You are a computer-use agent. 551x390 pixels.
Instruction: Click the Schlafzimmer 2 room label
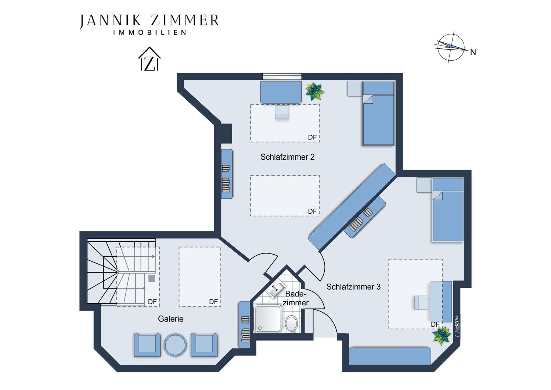click(287, 157)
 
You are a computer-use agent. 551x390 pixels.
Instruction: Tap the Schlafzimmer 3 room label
click(353, 287)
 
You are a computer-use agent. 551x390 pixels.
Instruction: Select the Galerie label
click(170, 319)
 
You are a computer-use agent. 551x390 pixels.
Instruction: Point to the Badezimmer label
click(295, 298)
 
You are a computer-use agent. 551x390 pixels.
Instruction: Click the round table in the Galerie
click(175, 345)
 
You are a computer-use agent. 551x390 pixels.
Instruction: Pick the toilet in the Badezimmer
click(292, 323)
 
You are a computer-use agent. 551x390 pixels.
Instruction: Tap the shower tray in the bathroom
click(268, 319)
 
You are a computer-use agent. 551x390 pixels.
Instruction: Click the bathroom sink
click(277, 290)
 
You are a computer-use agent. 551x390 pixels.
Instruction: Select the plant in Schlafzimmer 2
click(314, 91)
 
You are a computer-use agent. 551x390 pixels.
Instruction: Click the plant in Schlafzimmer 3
click(442, 336)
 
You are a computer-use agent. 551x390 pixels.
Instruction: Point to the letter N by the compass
click(473, 52)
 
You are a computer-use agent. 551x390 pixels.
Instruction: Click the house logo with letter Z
click(149, 59)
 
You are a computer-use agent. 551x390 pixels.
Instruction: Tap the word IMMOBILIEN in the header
click(150, 32)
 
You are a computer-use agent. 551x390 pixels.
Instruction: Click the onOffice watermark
click(456, 326)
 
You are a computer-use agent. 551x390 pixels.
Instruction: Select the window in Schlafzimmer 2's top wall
click(282, 77)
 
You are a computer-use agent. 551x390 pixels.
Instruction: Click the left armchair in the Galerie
click(147, 345)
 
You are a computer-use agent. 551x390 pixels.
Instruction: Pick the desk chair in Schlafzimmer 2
click(282, 112)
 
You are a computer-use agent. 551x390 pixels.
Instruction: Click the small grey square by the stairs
click(151, 279)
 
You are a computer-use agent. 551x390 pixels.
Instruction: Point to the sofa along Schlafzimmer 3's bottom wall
click(390, 356)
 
